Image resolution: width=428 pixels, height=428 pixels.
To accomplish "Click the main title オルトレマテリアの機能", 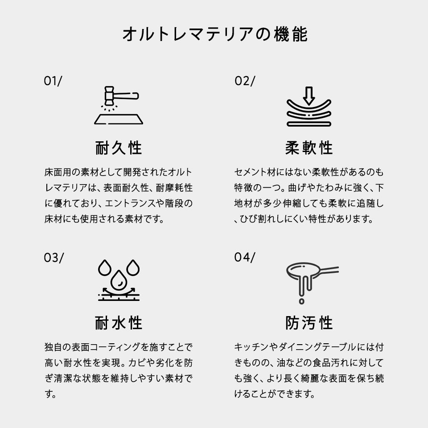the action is (215, 34).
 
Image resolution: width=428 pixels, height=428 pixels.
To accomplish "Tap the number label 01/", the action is (53, 81).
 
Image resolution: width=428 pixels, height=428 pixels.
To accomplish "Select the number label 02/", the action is (245, 81).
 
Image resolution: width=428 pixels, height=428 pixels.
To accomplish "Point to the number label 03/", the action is (54, 258).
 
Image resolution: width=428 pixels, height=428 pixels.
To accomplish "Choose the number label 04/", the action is (245, 257).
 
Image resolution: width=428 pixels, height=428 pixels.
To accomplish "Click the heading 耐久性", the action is (119, 148).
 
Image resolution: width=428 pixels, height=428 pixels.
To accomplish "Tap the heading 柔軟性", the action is (309, 148).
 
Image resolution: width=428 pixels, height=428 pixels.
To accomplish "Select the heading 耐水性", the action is (119, 323).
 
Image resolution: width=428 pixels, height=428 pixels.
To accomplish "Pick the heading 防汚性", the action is (309, 323).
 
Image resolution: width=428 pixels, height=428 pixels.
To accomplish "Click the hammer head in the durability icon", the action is (109, 95).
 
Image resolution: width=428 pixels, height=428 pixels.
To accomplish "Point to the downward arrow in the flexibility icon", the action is (309, 96).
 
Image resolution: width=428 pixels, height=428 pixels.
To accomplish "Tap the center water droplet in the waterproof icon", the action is (119, 280).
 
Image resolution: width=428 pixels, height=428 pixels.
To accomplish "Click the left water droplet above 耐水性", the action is (105, 268).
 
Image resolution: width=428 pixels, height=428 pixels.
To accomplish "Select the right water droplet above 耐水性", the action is (133, 268).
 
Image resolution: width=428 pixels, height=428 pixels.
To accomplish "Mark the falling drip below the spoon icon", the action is (302, 301).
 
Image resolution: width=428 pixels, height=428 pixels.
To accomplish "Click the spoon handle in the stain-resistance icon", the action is (329, 270).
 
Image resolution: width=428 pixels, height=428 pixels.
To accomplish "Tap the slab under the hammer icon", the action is (119, 119).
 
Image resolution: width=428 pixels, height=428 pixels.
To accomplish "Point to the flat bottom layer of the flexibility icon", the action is (309, 124).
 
